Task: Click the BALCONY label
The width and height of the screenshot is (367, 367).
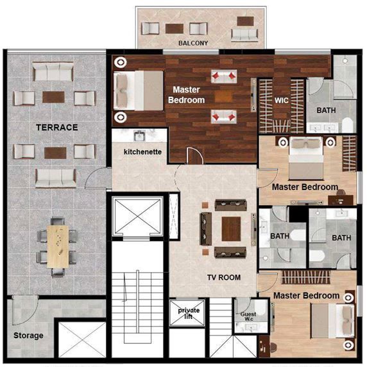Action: (x=193, y=43)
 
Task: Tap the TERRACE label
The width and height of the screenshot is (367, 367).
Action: (x=57, y=127)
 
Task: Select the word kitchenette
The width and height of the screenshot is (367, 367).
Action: (x=142, y=152)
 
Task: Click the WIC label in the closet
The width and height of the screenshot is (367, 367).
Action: (x=281, y=100)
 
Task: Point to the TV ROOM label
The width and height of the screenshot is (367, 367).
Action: (x=224, y=277)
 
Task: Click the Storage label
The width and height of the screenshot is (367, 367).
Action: (x=28, y=336)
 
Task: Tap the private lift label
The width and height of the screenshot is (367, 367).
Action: (x=189, y=313)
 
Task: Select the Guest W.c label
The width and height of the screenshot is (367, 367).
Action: (x=248, y=316)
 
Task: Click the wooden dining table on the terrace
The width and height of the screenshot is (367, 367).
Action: (x=58, y=246)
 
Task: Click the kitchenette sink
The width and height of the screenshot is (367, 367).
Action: (x=139, y=136)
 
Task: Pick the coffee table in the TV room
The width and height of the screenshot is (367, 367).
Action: (x=231, y=229)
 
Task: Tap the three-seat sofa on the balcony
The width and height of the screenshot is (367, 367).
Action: (x=244, y=35)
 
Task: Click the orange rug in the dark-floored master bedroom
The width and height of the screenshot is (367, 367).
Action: (x=223, y=96)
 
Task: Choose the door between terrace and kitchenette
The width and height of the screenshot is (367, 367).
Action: (x=98, y=178)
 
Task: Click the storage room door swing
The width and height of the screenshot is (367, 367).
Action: (x=25, y=310)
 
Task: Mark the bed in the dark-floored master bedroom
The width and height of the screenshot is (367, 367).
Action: (x=138, y=90)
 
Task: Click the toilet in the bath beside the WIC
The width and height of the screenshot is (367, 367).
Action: (x=348, y=124)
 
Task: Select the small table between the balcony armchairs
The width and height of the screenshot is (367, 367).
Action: (x=175, y=29)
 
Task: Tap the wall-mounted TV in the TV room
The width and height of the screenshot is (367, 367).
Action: (x=253, y=230)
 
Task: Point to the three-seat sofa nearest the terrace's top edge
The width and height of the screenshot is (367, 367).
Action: (x=53, y=71)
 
